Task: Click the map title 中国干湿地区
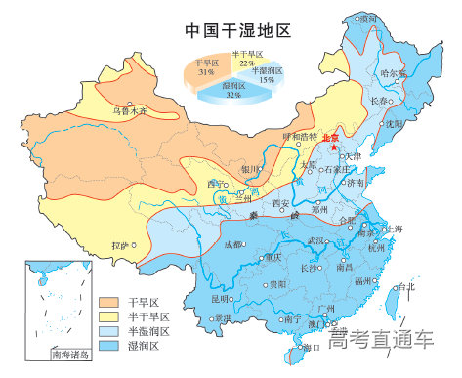point(238,30)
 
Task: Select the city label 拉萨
point(121,245)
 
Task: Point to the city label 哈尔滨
point(393,73)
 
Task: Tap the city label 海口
point(313,347)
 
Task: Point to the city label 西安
point(281,202)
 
